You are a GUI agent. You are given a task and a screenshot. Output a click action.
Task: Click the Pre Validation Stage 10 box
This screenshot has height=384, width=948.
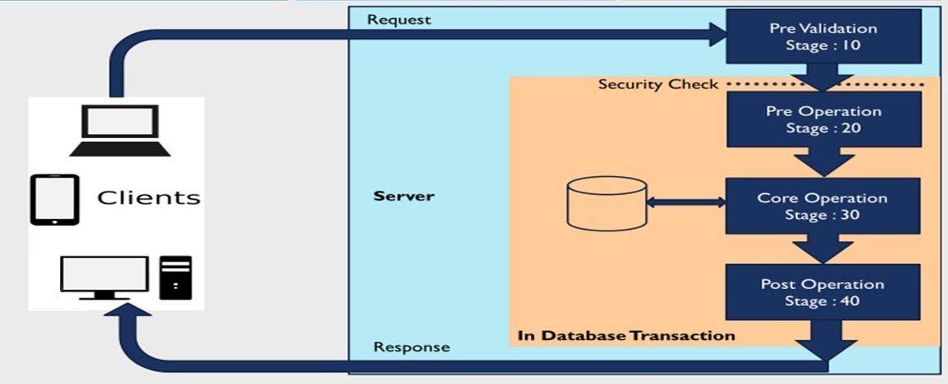pos(823,37)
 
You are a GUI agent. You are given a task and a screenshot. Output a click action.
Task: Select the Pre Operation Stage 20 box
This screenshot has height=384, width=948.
pos(823,119)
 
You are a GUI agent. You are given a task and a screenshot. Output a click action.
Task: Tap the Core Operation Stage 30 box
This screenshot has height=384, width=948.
pos(823,206)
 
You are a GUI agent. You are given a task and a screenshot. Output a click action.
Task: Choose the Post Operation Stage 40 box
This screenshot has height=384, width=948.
pos(823,292)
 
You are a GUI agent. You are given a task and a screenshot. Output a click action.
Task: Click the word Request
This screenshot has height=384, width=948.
pos(399,19)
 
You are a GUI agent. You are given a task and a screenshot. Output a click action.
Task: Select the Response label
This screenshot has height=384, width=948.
pos(411,347)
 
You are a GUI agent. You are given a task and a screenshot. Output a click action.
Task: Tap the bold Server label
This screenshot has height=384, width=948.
pos(404,196)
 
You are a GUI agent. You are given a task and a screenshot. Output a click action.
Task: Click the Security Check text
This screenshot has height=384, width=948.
pos(658,84)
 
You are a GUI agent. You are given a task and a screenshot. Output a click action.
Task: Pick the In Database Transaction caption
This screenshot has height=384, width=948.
pos(626,335)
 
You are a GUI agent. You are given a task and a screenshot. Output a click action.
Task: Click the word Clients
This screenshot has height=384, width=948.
pos(149,197)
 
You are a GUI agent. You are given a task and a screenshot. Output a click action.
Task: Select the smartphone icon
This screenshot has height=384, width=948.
pos(54,199)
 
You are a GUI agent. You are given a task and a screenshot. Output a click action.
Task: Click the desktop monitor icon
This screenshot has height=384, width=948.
pos(104,277)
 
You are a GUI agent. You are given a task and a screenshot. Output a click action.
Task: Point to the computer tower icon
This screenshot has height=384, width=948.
pos(175,275)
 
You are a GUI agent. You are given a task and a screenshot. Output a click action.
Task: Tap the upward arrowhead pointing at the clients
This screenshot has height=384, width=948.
pos(130,322)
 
